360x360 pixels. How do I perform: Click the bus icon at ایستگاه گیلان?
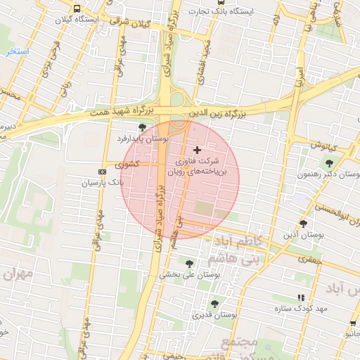coord(76,9)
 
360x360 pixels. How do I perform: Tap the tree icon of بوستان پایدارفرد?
coord(143,127)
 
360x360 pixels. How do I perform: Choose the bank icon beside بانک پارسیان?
coord(103,171)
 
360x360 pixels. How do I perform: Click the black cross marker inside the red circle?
coord(197,150)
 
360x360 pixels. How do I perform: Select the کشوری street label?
coord(127,165)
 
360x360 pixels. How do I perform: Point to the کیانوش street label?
coord(325,146)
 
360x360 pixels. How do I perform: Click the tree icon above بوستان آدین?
coord(303,224)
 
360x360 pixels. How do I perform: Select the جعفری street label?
coord(307,259)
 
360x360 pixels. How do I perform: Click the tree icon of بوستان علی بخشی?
coord(189,263)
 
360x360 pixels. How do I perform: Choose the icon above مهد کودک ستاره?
coord(302,297)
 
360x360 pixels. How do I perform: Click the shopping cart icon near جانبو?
coord(353,324)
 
